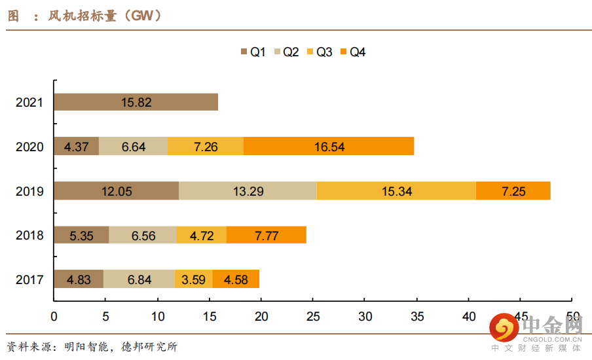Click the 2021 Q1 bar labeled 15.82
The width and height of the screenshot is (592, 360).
(136, 102)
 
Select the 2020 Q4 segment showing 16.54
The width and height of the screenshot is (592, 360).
(329, 147)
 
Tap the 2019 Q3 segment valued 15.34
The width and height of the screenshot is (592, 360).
(396, 191)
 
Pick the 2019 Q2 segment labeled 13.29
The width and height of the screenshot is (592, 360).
(248, 191)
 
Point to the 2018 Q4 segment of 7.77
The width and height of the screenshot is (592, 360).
(267, 235)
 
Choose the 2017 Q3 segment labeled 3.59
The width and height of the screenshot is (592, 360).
(194, 279)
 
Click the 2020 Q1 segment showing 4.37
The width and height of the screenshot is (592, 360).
(76, 147)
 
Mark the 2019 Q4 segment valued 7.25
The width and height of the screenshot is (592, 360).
(513, 191)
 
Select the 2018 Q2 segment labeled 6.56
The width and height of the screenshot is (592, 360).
(143, 235)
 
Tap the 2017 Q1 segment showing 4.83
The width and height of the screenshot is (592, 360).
(79, 279)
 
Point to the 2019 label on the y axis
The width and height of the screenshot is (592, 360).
(29, 191)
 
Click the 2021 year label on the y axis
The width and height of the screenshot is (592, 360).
(29, 102)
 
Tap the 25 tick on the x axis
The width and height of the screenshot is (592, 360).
(313, 315)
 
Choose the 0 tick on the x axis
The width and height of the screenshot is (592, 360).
(54, 315)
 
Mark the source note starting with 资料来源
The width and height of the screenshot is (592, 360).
(92, 346)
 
